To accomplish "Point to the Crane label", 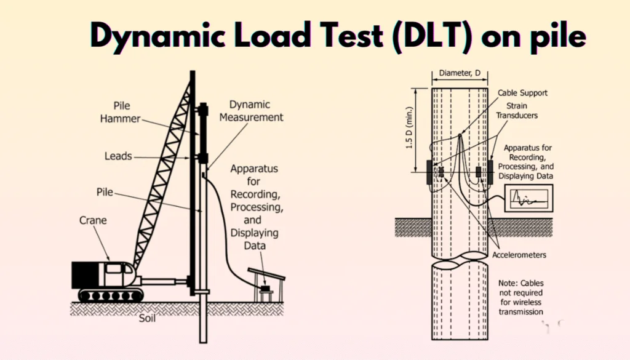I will pyautogui.click(x=94, y=220).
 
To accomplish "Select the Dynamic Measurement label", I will pyautogui.click(x=256, y=111).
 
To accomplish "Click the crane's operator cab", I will pyautogui.click(x=117, y=273).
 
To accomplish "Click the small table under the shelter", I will pyautogui.click(x=266, y=294).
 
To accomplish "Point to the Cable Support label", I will pyautogui.click(x=522, y=93).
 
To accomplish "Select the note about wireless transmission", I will pyautogui.click(x=520, y=297).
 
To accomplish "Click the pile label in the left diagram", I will pyautogui.click(x=105, y=192).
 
